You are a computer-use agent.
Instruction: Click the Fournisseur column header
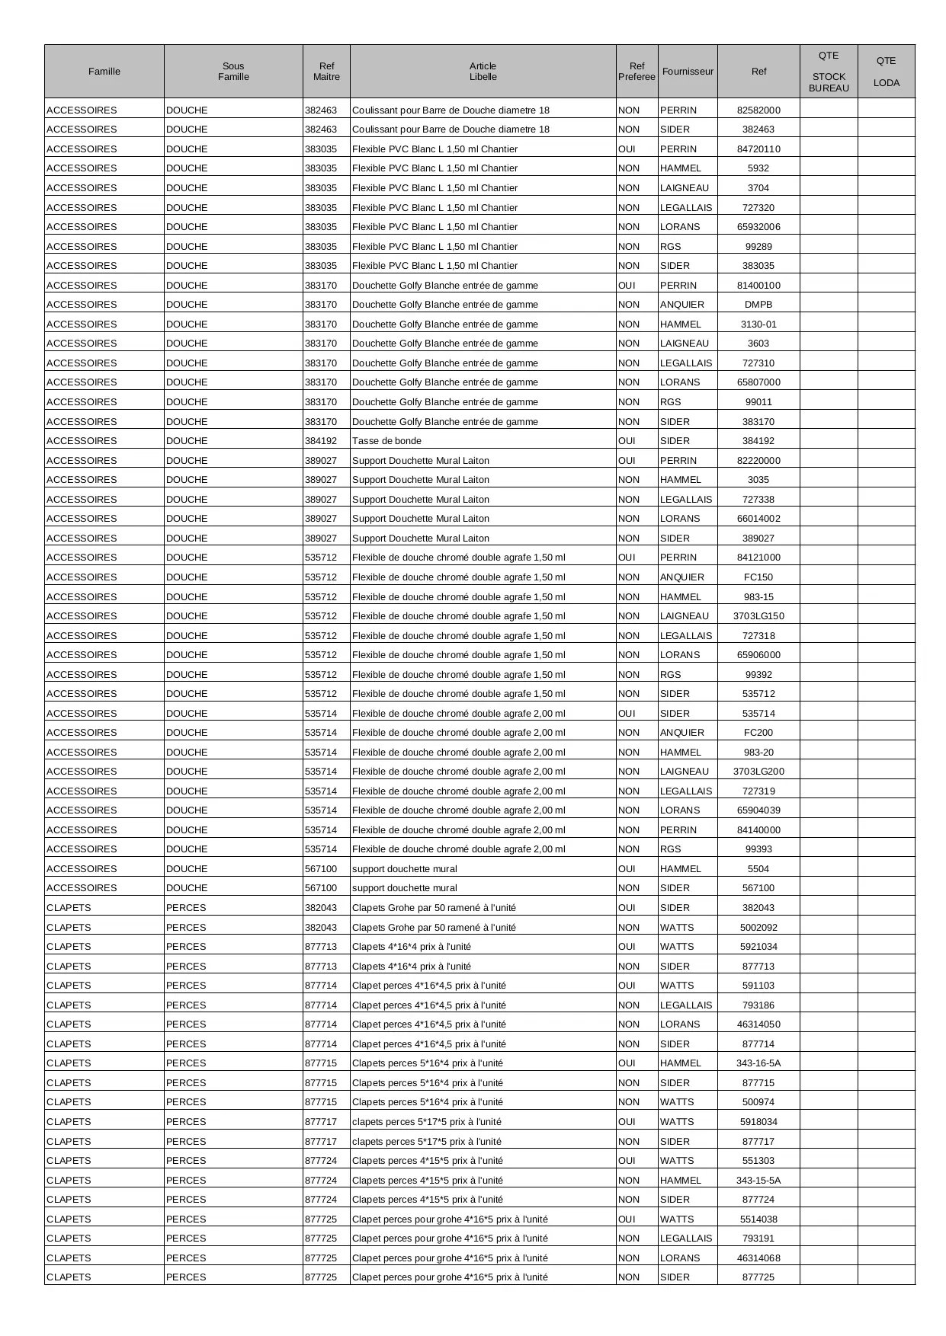click(688, 72)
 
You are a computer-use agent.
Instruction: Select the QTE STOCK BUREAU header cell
click(829, 72)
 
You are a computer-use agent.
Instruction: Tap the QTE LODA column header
click(886, 72)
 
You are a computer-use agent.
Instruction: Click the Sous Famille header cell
click(233, 72)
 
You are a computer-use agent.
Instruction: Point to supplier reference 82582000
click(758, 110)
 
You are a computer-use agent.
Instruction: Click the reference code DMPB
click(758, 305)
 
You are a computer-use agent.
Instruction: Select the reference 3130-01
click(758, 324)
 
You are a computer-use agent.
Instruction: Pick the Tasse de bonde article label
click(386, 441)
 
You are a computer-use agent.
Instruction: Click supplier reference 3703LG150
click(758, 616)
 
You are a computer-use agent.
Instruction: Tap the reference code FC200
click(758, 733)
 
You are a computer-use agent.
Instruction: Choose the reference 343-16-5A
click(758, 1063)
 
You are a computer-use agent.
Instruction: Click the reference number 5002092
click(758, 928)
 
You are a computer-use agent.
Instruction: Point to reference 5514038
click(758, 1219)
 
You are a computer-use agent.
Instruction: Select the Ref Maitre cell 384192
click(321, 441)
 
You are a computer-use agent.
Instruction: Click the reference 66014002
click(758, 519)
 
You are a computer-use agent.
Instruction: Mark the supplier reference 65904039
click(758, 810)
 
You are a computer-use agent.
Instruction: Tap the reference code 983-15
click(758, 597)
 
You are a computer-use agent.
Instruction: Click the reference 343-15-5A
click(758, 1181)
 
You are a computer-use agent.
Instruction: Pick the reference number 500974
click(758, 1102)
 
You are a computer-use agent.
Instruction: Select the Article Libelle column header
click(483, 72)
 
